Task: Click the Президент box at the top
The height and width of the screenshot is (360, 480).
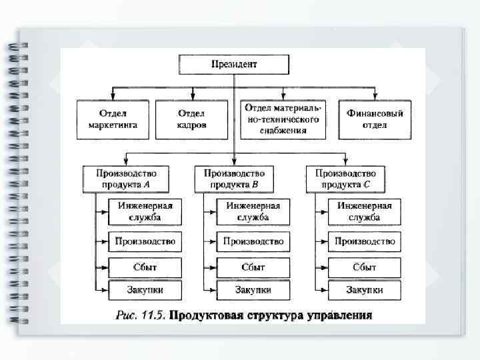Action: [x=233, y=65]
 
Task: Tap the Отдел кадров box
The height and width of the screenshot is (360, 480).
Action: [x=191, y=119]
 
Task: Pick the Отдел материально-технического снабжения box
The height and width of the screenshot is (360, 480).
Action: [x=283, y=119]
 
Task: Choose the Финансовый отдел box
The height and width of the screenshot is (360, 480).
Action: [x=375, y=119]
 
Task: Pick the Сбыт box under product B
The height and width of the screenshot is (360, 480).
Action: [x=253, y=267]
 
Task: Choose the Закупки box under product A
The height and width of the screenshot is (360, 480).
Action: [x=145, y=290]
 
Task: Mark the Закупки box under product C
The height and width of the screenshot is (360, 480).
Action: [x=365, y=290]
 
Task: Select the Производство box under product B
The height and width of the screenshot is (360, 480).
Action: [x=253, y=241]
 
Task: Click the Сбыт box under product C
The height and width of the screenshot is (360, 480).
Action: [x=365, y=267]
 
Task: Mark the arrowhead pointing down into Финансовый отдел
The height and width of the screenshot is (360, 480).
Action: [x=375, y=97]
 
